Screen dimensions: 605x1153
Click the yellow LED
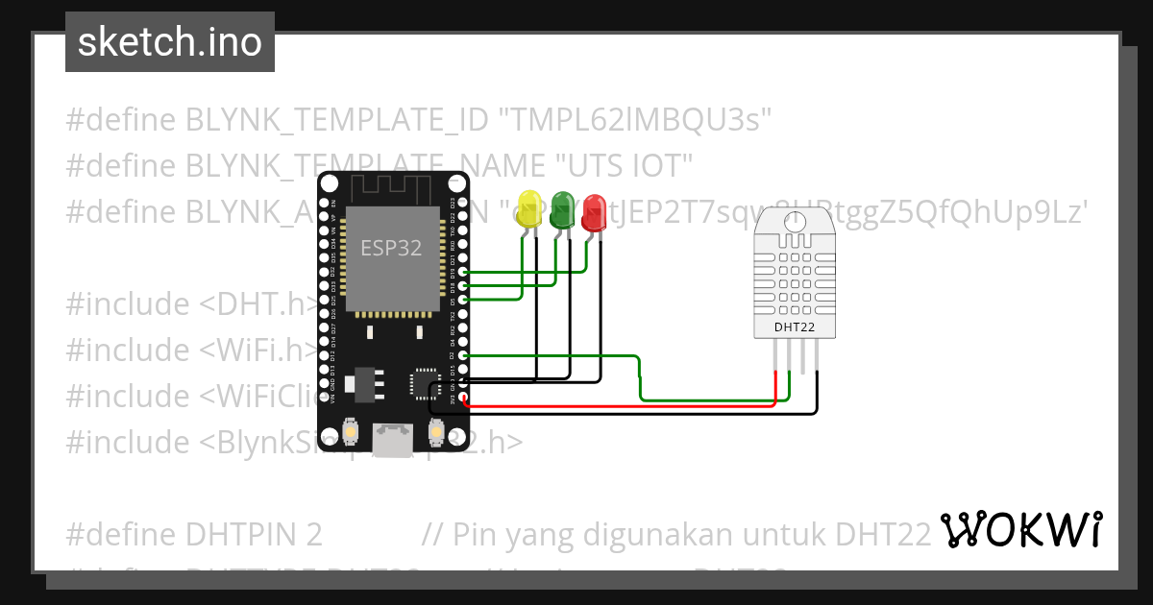(x=528, y=210)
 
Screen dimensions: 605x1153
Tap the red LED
(x=594, y=212)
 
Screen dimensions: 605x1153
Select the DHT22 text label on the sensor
(x=794, y=328)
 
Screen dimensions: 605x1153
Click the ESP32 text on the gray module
(x=391, y=248)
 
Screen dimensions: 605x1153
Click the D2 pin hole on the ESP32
(x=464, y=355)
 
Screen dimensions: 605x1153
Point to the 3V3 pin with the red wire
(x=464, y=397)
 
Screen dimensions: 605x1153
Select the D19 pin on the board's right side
(x=464, y=273)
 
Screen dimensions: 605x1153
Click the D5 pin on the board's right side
(x=464, y=300)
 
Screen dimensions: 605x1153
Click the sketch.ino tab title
(x=170, y=42)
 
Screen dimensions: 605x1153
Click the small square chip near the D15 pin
(x=422, y=382)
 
